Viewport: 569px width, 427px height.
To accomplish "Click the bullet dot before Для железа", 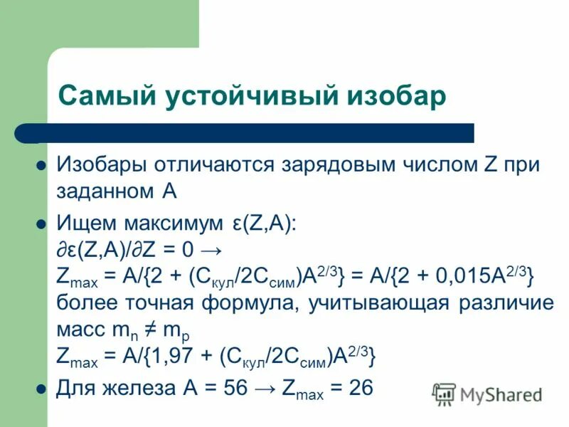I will point(41,389).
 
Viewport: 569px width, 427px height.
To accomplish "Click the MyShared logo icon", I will point(445,393).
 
